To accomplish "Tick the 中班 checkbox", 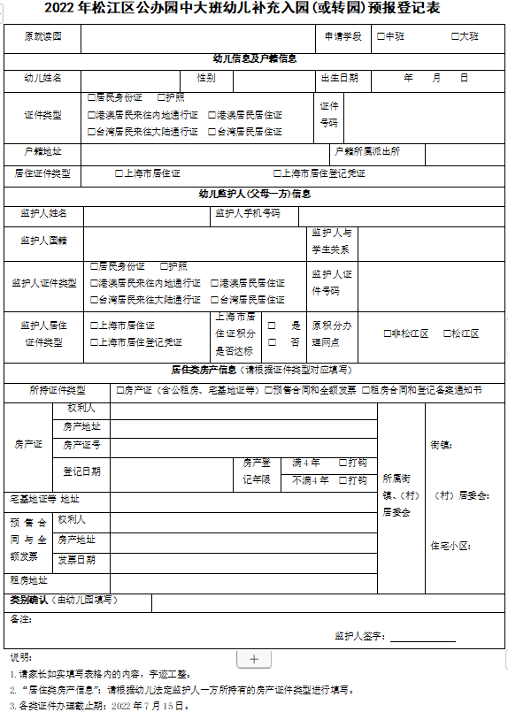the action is pos(380,37).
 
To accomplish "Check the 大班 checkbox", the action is pos(454,37).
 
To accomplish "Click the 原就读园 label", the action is pos(42,37).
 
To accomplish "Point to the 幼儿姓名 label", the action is pos(42,78).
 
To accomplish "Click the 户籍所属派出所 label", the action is pos(367,151).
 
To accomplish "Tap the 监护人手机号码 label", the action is pos(247,213).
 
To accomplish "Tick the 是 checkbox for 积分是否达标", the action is pos(272,326).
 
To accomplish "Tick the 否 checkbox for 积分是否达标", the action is pos(272,341).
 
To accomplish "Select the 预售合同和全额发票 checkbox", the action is pos(268,390).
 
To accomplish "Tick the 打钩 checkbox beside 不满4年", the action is pos(343,480).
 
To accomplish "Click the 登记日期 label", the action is pos(81,471).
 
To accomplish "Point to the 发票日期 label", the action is pos(77,560).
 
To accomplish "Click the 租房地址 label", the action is pos(28,580).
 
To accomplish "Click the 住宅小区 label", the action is pos(450,545).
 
